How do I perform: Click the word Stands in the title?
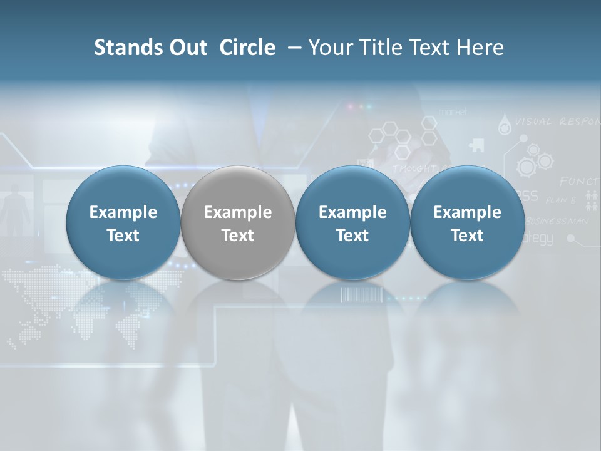pyautogui.click(x=125, y=48)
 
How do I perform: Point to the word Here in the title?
pyautogui.click(x=480, y=48)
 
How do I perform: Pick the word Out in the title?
pyautogui.click(x=186, y=48)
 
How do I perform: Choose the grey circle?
pyautogui.click(x=238, y=222)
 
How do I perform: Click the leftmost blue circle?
pyautogui.click(x=123, y=222)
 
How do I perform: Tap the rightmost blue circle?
pyautogui.click(x=467, y=222)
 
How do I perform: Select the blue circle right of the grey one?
pyautogui.click(x=352, y=222)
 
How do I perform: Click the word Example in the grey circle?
pyautogui.click(x=238, y=212)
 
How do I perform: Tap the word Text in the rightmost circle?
pyautogui.click(x=467, y=236)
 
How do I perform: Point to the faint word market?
pyautogui.click(x=452, y=111)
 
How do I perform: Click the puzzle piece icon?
pyautogui.click(x=476, y=146)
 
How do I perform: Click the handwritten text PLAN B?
pyautogui.click(x=560, y=200)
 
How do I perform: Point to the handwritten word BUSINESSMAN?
pyautogui.click(x=557, y=220)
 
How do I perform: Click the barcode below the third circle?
pyautogui.click(x=360, y=294)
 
